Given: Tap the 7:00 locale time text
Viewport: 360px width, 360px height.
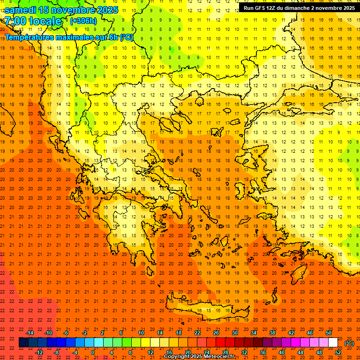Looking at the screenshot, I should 33,21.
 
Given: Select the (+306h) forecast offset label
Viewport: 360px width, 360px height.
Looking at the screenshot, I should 83,21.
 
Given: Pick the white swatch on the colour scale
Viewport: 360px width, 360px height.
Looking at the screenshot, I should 333,343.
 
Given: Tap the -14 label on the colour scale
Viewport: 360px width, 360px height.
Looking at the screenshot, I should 30,333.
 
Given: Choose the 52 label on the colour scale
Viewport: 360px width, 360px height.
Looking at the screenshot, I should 338,352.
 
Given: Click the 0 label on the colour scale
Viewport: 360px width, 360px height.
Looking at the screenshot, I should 92,352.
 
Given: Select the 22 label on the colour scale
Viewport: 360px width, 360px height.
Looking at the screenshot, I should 197,333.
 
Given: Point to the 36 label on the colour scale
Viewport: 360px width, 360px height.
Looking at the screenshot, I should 263,352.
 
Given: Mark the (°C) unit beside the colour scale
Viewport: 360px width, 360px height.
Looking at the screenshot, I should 349,343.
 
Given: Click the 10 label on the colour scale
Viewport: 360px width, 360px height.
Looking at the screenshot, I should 141,333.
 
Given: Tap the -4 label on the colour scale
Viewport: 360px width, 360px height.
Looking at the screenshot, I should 75,352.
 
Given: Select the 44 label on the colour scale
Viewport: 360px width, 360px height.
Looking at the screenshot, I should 300,352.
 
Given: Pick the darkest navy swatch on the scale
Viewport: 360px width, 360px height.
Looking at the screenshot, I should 23,343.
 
